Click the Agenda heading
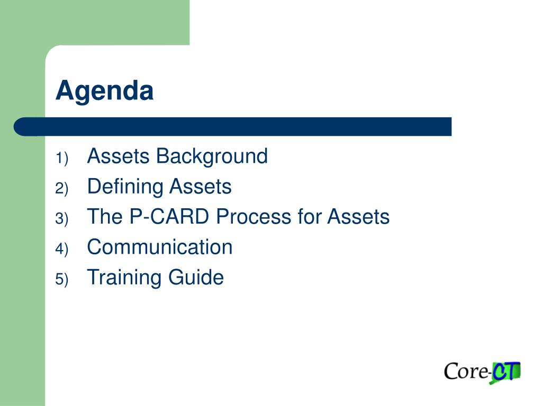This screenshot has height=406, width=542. coord(104,91)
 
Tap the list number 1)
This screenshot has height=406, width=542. coord(62,159)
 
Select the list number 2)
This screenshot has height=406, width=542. coord(62,189)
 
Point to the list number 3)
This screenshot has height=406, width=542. coord(62,219)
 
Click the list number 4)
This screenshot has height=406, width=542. coord(62,250)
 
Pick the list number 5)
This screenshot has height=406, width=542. coord(62,279)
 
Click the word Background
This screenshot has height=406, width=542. coord(212,157)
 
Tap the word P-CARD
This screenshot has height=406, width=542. coord(169,217)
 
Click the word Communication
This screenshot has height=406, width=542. coord(160,247)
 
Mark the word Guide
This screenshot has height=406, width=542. coord(196,277)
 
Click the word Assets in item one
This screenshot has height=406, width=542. coord(118,156)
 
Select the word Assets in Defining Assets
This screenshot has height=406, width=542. coord(201,187)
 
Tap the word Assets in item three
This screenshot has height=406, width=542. coord(358,217)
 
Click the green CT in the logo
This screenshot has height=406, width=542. coord(505,372)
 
